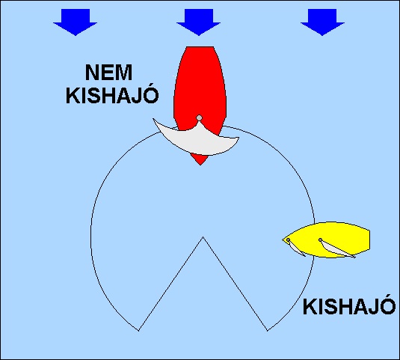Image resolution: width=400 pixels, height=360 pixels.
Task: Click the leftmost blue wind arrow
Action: pos(76,22)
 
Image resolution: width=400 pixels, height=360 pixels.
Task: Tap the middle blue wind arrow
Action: pos(198,22)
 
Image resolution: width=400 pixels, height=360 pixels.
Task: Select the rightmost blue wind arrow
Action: pos(322,22)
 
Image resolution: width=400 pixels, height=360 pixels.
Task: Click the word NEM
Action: pos(108,73)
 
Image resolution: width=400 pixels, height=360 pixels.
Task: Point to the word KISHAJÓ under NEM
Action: pos(112,95)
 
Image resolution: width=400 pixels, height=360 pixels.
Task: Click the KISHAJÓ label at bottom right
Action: pos(349,306)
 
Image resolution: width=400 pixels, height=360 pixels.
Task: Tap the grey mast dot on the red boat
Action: pos(199,118)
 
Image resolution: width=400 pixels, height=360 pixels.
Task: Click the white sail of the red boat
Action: pos(197,140)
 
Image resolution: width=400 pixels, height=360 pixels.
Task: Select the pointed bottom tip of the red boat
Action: pos(200,165)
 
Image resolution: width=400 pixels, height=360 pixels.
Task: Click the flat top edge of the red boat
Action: pos(200,46)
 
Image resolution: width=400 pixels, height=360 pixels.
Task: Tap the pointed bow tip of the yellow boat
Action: pos(283,240)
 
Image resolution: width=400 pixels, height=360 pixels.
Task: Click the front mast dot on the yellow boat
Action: pos(288,240)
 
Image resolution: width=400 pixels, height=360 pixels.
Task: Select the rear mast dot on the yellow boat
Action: pos(320,240)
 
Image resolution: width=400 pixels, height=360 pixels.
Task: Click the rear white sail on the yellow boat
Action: pos(336,250)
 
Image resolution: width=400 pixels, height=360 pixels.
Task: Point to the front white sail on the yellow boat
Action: pos(296,248)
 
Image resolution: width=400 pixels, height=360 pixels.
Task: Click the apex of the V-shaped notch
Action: pos(203,237)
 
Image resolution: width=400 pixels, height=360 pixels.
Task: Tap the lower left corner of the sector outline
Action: pos(138,331)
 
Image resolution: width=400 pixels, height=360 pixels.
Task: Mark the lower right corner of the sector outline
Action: pos(268,331)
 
